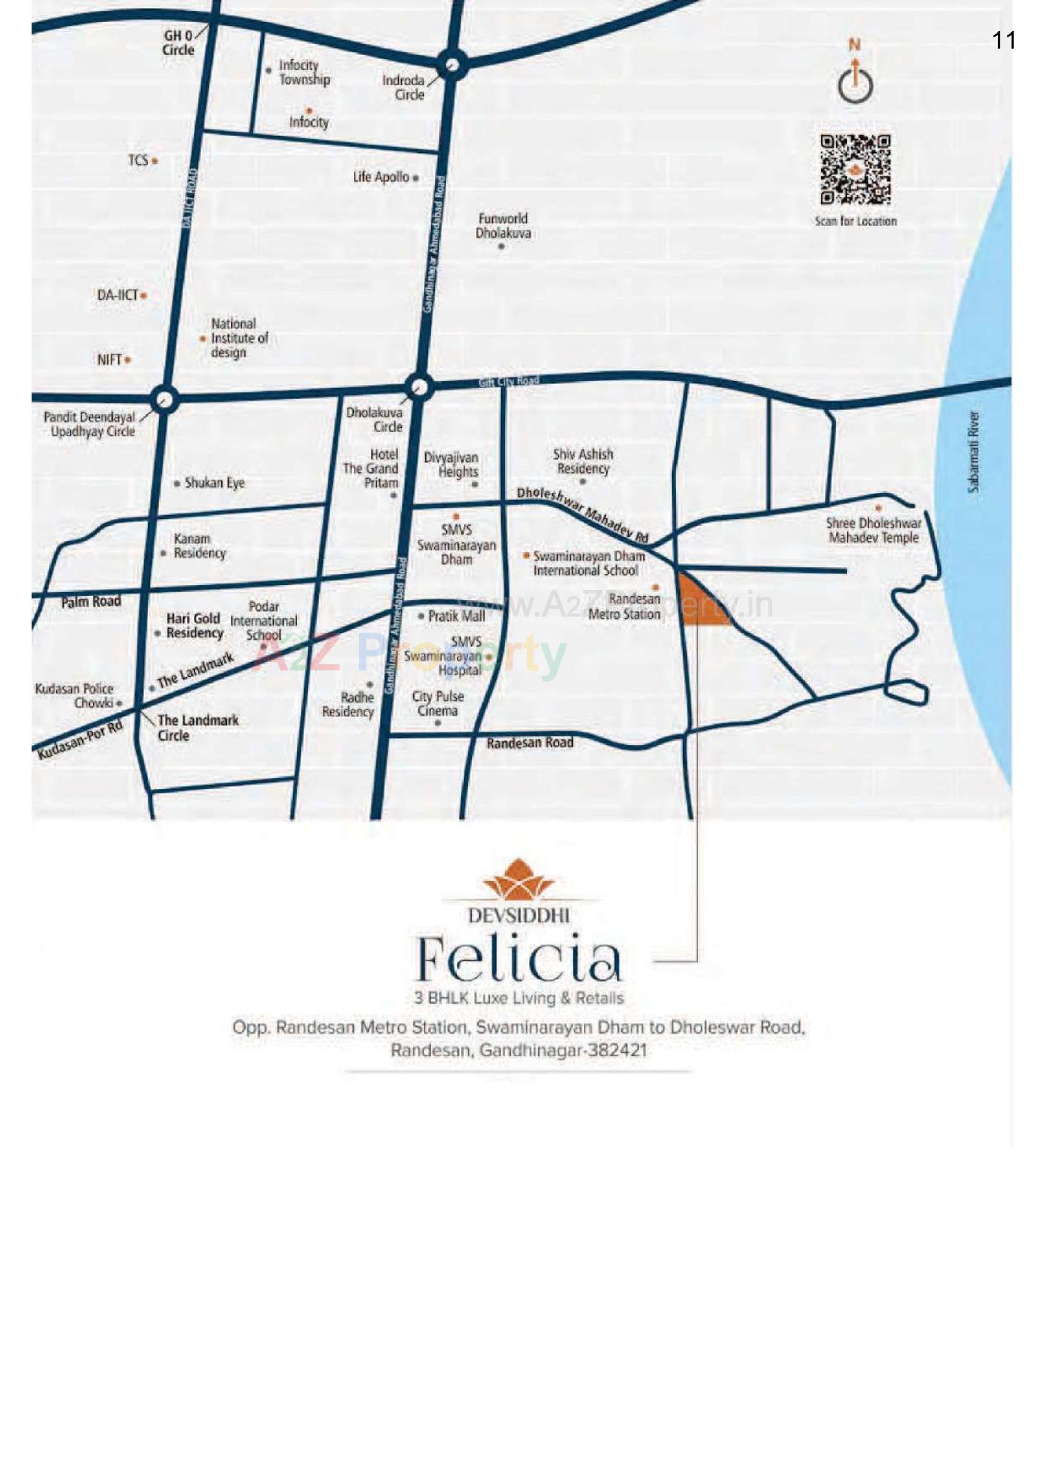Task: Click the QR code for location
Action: point(856,169)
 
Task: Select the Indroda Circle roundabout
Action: point(452,64)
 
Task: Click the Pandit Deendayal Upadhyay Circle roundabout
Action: point(164,399)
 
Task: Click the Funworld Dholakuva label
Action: point(503,226)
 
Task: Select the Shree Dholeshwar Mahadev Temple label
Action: point(873,530)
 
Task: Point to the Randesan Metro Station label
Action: point(624,606)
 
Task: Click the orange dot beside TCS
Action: point(154,161)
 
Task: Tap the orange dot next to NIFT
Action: point(128,360)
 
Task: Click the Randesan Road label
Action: point(530,743)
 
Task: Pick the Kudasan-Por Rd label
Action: point(80,740)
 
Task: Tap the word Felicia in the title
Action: point(519,959)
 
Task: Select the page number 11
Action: point(1004,40)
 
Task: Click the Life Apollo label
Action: point(381,177)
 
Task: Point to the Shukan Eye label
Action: point(214,483)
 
